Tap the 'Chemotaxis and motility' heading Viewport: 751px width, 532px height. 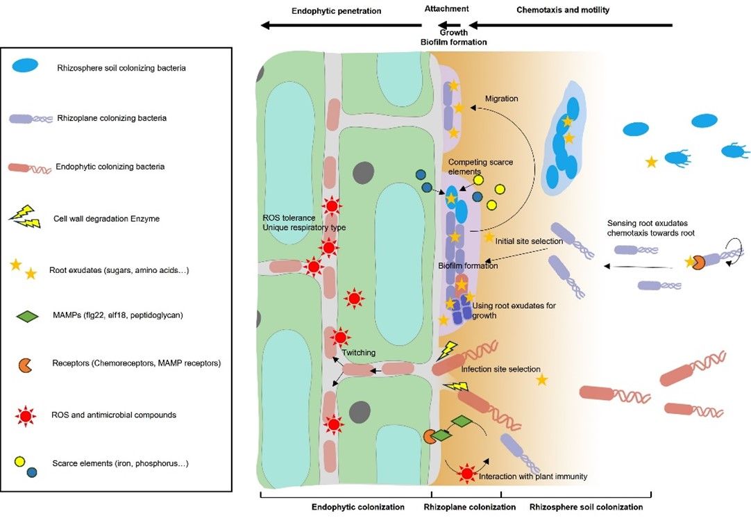tap(563, 10)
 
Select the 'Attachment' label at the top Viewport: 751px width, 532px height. tap(447, 9)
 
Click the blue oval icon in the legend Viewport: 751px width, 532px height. tap(26, 66)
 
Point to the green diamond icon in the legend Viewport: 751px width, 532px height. tap(26, 316)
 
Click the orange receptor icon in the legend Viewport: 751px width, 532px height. tap(24, 363)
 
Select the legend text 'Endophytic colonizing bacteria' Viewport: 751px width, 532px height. tap(108, 167)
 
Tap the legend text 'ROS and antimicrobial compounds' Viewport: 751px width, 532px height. tap(114, 415)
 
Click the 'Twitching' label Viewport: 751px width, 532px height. tap(358, 353)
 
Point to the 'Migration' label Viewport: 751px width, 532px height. tap(501, 99)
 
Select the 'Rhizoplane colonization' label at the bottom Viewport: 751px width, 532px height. tap(470, 507)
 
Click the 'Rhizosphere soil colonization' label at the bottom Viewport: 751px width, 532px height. tap(586, 507)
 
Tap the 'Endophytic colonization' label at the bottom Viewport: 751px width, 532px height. tap(358, 507)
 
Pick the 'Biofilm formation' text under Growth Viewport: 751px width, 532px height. tap(454, 42)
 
